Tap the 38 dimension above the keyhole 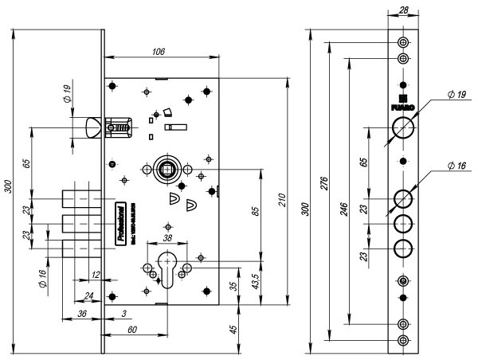168,238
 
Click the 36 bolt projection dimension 81,314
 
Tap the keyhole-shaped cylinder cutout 168,268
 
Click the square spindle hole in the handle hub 168,169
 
